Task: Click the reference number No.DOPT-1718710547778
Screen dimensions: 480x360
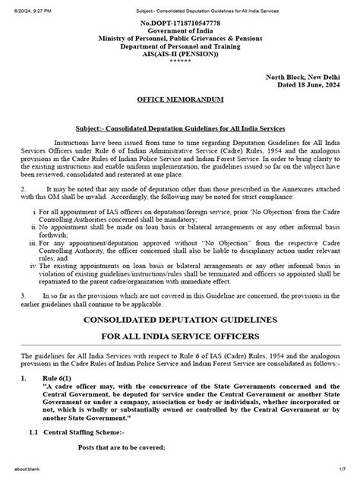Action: (x=179, y=25)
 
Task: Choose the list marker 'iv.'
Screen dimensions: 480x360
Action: (x=29, y=267)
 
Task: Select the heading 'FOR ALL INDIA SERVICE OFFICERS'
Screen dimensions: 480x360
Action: (x=179, y=336)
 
